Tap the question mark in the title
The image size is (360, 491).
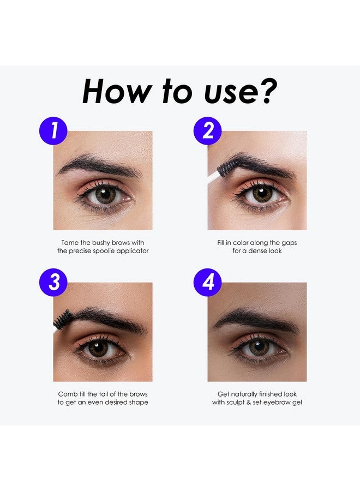(267, 92)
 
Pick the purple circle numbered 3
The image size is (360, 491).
(53, 283)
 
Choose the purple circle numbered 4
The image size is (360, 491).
(208, 283)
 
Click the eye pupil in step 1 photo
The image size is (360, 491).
(105, 195)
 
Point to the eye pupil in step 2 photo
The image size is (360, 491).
(262, 194)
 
